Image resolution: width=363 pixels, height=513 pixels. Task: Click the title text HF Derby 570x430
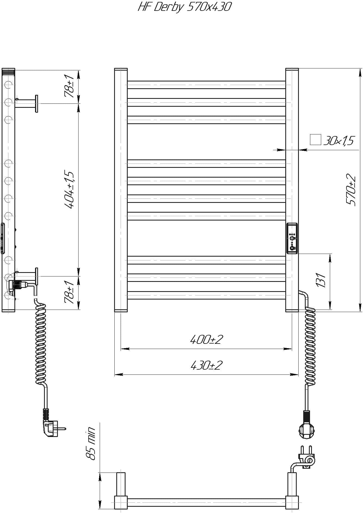[184, 7]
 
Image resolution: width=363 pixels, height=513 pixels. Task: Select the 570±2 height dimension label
[351, 190]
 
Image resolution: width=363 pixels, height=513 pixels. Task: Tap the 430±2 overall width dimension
[206, 365]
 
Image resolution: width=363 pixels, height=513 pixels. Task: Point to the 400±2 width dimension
[206, 339]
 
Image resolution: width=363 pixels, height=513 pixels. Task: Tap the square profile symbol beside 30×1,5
[315, 140]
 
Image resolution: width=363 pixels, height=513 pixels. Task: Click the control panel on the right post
[292, 238]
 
